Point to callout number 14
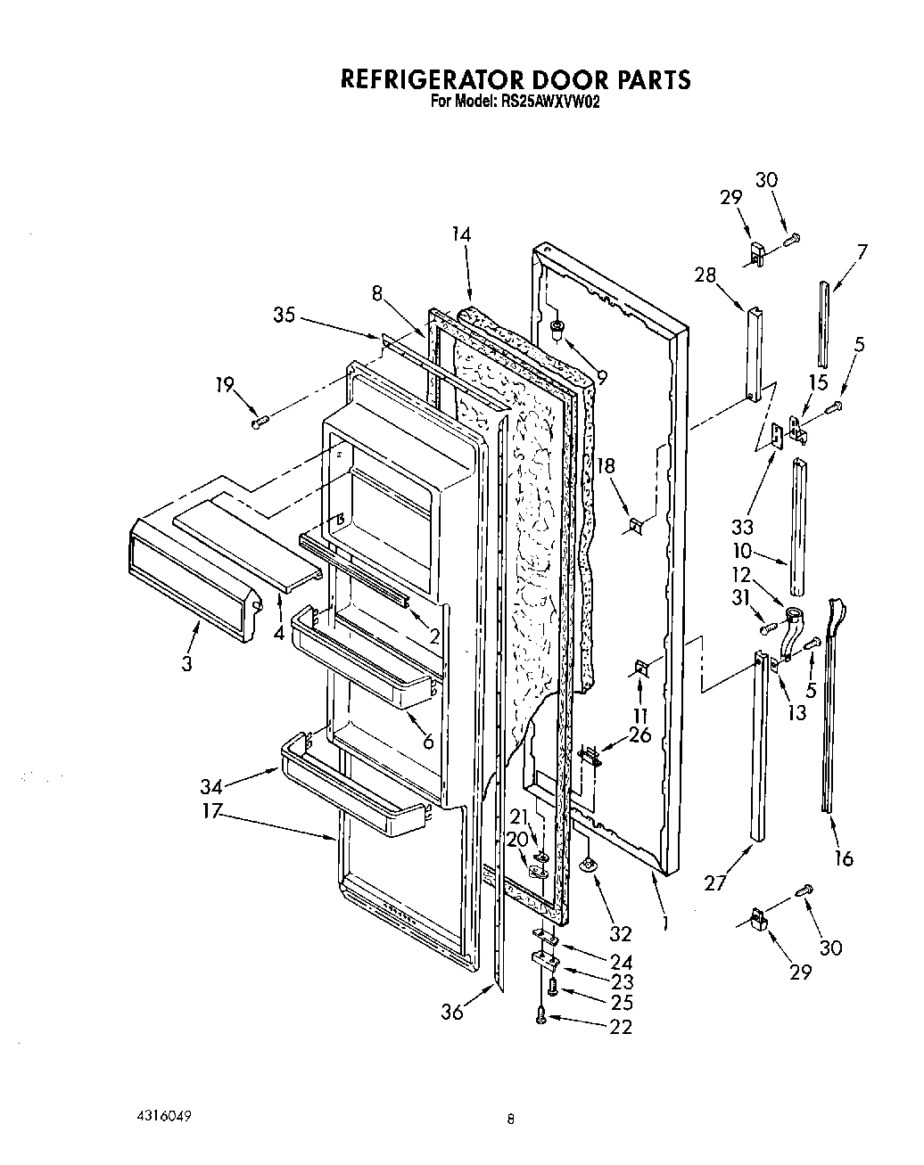pyautogui.click(x=461, y=234)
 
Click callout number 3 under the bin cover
pyautogui.click(x=186, y=664)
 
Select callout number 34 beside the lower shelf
pyautogui.click(x=210, y=785)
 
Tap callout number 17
pyautogui.click(x=210, y=812)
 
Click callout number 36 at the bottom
pyautogui.click(x=452, y=1012)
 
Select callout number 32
pyautogui.click(x=620, y=933)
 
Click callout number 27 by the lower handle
pyautogui.click(x=715, y=883)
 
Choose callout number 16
pyautogui.click(x=843, y=858)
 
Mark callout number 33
pyautogui.click(x=742, y=526)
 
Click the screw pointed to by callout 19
pyautogui.click(x=260, y=422)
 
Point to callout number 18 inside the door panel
pyautogui.click(x=606, y=465)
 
